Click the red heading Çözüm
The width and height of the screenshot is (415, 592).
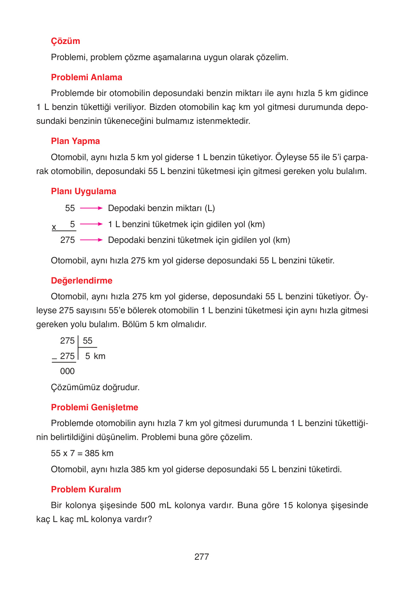(x=65, y=41)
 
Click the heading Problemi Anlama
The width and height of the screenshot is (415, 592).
(x=86, y=77)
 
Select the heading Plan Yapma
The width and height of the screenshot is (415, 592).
(x=75, y=141)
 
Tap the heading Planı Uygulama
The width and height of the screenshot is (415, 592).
(x=83, y=191)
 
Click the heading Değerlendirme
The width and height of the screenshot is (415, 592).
(x=82, y=281)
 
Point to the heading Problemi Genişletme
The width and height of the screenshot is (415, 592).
(x=94, y=407)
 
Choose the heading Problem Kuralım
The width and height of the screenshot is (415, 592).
(x=86, y=489)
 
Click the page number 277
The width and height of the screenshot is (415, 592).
(x=202, y=557)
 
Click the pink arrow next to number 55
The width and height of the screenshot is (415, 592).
(x=91, y=208)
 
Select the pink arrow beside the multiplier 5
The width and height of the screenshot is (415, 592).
(x=91, y=224)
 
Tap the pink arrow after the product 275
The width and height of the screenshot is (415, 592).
(x=91, y=240)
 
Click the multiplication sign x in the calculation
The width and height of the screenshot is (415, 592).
(x=54, y=227)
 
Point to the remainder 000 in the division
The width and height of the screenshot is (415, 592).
(x=67, y=371)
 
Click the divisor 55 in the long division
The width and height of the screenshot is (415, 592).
(x=87, y=341)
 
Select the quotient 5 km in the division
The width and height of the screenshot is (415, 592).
(x=95, y=356)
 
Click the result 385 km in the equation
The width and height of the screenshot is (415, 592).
(x=99, y=453)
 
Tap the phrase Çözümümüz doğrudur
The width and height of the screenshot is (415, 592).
(x=95, y=387)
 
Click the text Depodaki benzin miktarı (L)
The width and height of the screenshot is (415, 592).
(x=161, y=208)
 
